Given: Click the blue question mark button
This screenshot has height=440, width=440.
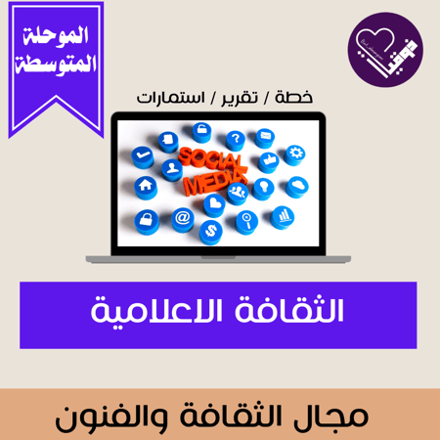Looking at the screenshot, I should pyautogui.click(x=235, y=140).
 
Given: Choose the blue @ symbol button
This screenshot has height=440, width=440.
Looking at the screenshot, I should pyautogui.click(x=182, y=217).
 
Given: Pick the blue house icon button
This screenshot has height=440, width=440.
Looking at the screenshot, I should pyautogui.click(x=146, y=185).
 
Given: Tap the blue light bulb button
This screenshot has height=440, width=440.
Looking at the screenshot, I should pyautogui.click(x=261, y=189).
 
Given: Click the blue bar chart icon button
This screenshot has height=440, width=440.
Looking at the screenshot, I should pyautogui.click(x=285, y=214).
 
